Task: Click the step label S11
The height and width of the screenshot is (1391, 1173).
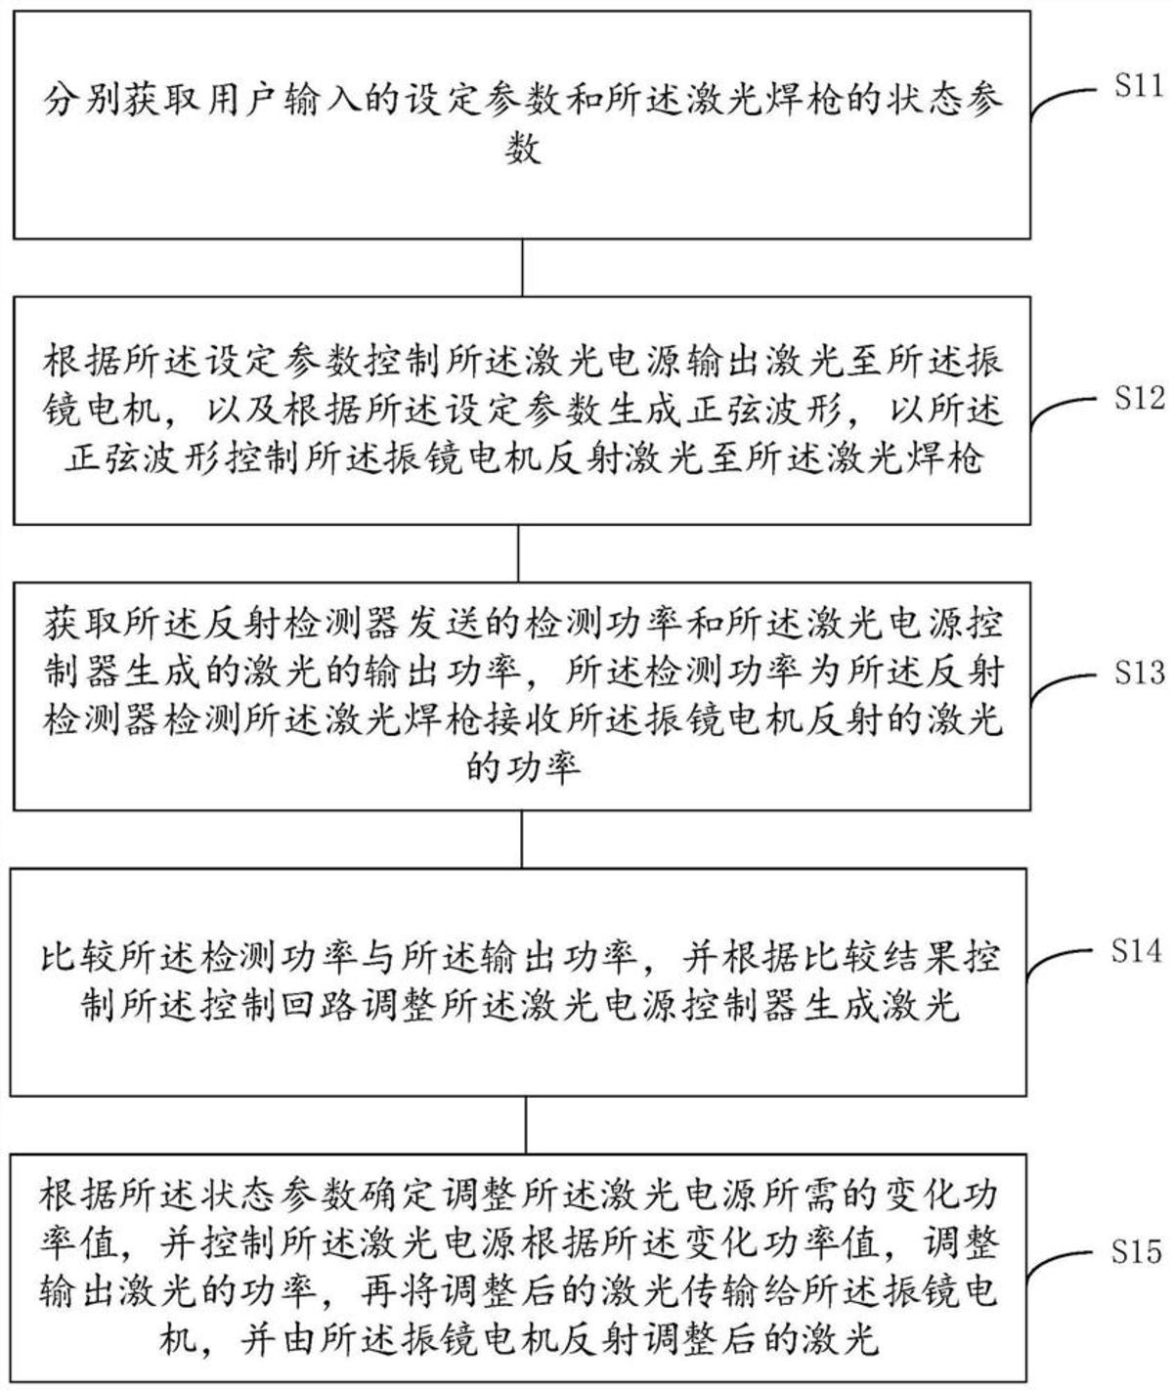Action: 1138,88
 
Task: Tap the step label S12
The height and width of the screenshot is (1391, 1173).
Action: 1138,399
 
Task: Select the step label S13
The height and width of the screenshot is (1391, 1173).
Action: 1138,674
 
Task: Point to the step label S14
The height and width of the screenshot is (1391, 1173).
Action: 1138,950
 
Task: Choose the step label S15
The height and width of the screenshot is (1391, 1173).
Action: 1138,1251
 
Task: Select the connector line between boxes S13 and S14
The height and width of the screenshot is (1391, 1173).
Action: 522,839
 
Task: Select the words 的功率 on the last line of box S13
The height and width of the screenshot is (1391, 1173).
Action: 524,768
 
